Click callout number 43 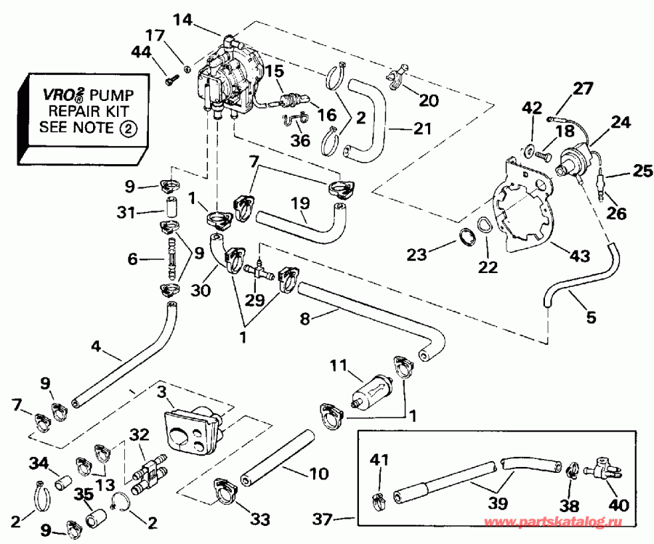tap(579, 255)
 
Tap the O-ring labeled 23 tap(467, 237)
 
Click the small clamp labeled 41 tap(379, 499)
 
